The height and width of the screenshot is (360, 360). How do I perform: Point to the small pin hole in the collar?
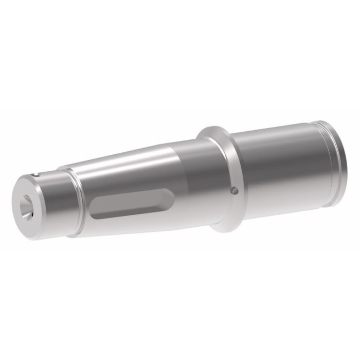pyautogui.click(x=234, y=191)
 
